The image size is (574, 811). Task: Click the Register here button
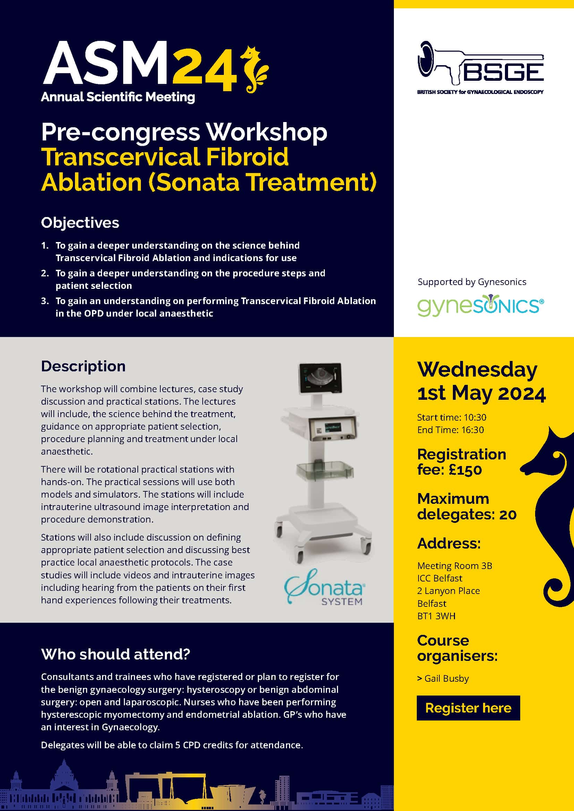pos(468,708)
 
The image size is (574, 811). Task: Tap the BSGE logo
pos(481,67)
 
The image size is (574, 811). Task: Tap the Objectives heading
pos(80,223)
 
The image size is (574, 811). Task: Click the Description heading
pos(83,366)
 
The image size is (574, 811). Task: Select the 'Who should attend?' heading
pos(116,654)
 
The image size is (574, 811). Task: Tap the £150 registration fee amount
pos(465,470)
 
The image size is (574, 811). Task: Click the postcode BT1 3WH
pos(436,616)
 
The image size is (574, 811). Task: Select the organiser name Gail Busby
pos(446,679)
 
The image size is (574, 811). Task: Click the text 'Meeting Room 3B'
pos(455,566)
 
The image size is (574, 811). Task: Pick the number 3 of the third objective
pos(44,301)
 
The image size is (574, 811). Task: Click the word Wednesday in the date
pos(477,370)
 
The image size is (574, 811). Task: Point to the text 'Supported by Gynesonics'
pos(472,282)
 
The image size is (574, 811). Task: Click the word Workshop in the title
pos(267,132)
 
